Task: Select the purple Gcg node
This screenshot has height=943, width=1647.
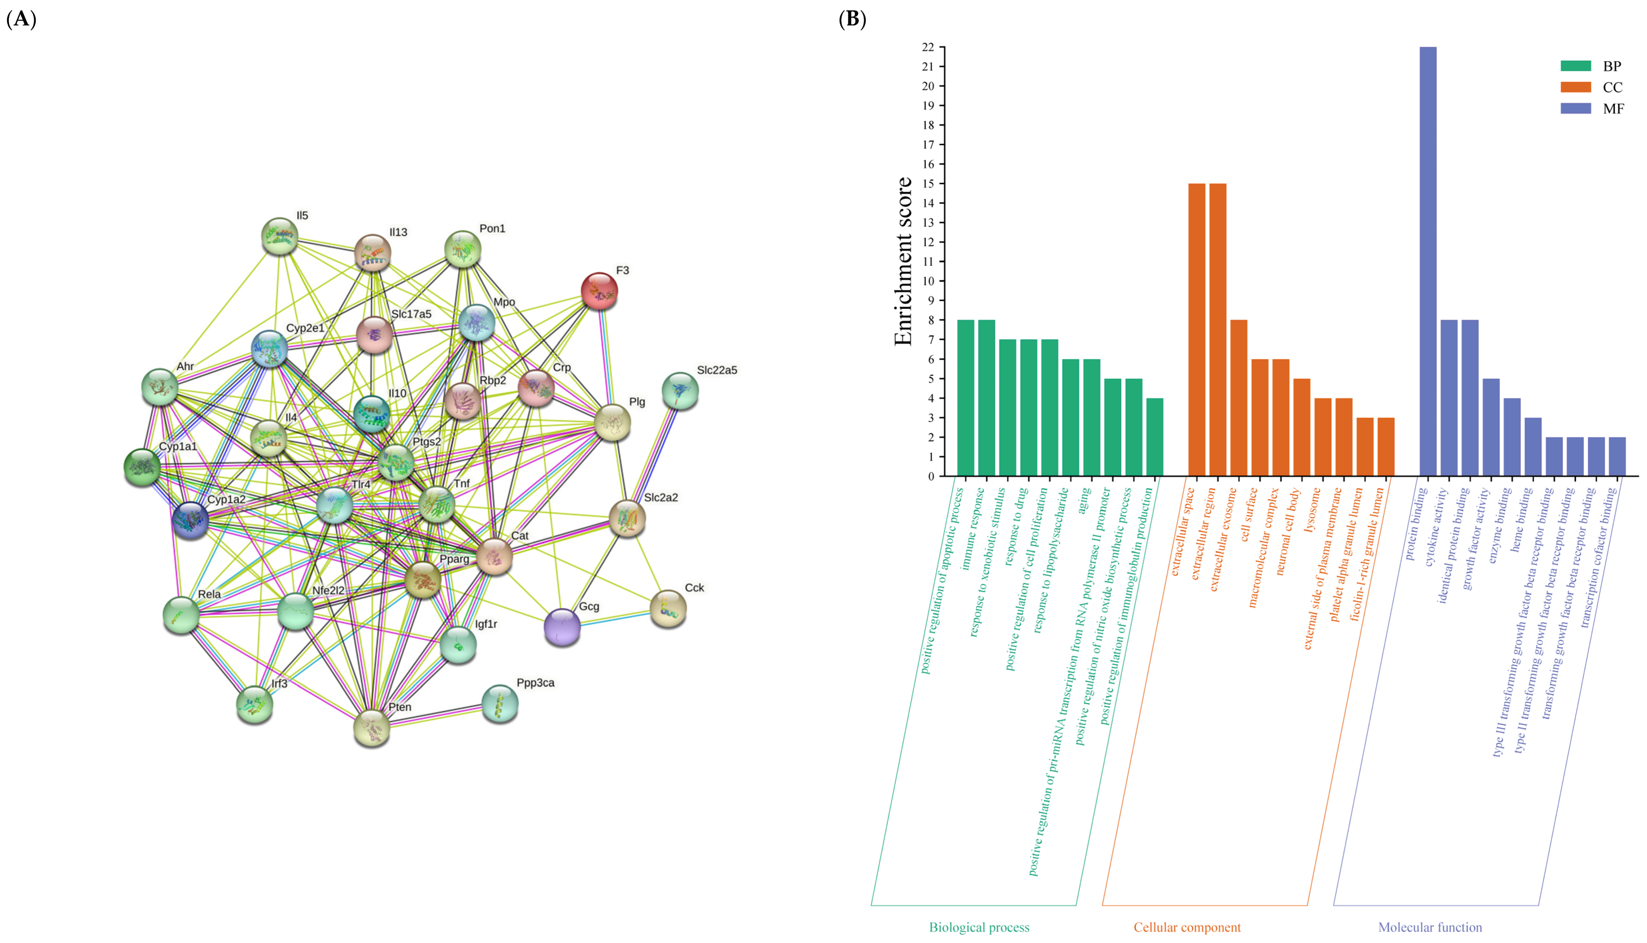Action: coord(562,627)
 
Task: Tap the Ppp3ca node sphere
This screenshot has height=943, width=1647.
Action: coord(500,703)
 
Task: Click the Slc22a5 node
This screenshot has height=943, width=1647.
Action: coord(680,391)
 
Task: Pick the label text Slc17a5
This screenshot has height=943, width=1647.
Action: coord(411,314)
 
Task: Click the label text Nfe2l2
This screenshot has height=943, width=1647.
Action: coord(328,591)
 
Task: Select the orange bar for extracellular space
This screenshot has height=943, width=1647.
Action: coord(1196,330)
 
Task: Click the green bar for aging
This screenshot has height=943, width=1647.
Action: coord(1091,418)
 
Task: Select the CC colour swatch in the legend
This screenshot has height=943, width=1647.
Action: coord(1575,87)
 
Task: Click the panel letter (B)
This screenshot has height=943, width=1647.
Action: coord(852,19)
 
